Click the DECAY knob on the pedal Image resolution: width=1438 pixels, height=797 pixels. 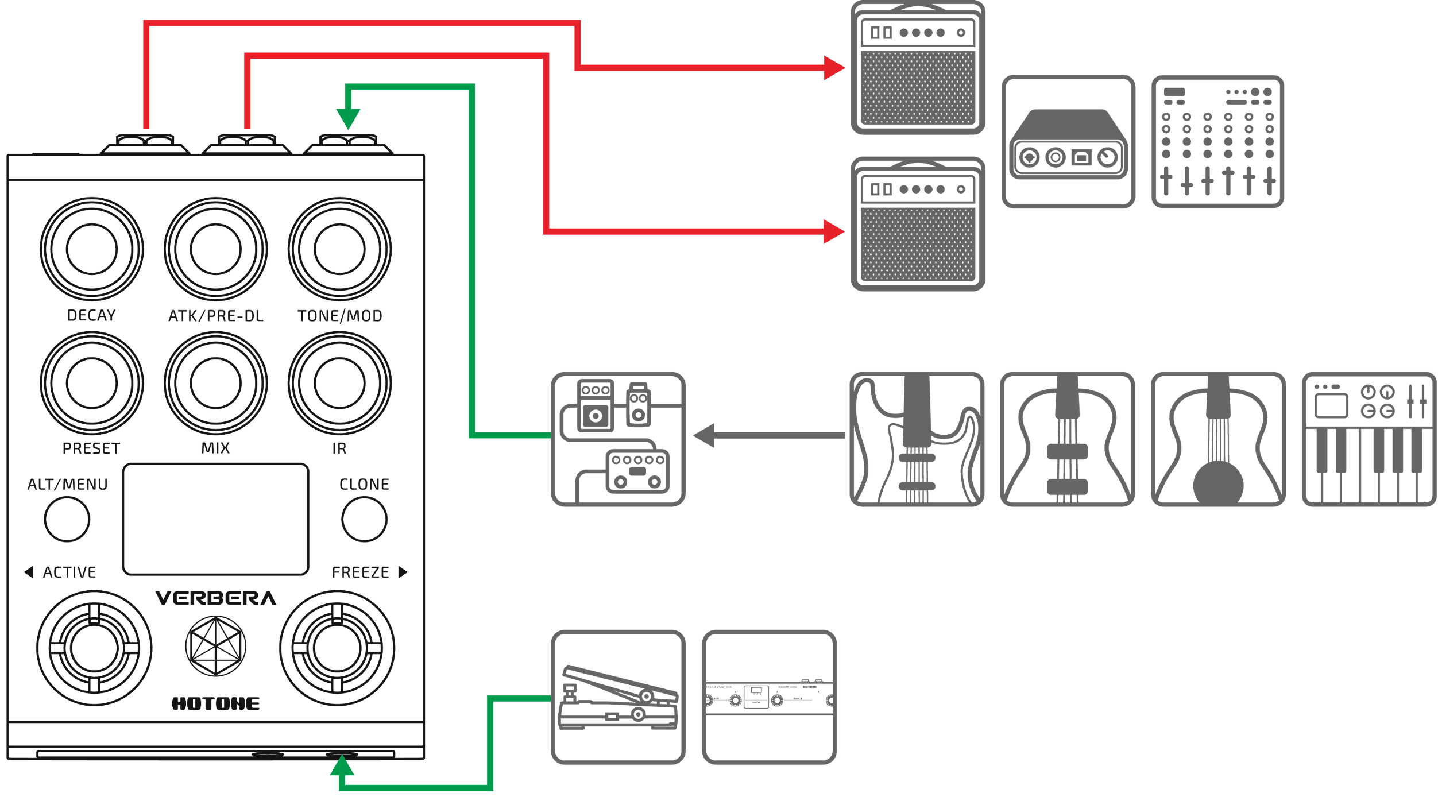tap(92, 249)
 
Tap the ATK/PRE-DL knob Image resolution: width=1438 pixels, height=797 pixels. tap(216, 249)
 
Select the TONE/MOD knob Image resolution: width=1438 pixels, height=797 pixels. tap(340, 249)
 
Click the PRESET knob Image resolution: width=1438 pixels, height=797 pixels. tap(92, 383)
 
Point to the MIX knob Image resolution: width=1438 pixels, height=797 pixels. tap(216, 383)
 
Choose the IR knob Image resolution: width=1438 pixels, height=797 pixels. tap(340, 383)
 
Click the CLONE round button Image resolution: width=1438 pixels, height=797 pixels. tap(365, 519)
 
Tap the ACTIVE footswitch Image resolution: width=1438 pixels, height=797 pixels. tap(94, 648)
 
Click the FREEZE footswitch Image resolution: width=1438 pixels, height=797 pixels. tap(338, 648)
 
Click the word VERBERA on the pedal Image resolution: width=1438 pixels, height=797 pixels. tap(216, 599)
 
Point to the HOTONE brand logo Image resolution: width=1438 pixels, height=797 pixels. tap(216, 703)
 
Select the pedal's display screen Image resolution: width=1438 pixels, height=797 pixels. tap(216, 519)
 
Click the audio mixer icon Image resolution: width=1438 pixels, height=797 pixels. tap(1217, 141)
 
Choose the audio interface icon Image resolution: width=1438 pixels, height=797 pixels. tap(1068, 141)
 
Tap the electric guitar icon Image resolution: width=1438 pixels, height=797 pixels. tap(917, 439)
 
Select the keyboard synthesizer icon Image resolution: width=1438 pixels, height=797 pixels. tap(1369, 439)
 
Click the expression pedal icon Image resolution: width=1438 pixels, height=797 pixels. tap(619, 697)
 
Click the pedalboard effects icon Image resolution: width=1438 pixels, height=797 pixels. tap(619, 439)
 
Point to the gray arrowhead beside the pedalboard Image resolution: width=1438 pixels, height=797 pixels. tap(704, 436)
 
